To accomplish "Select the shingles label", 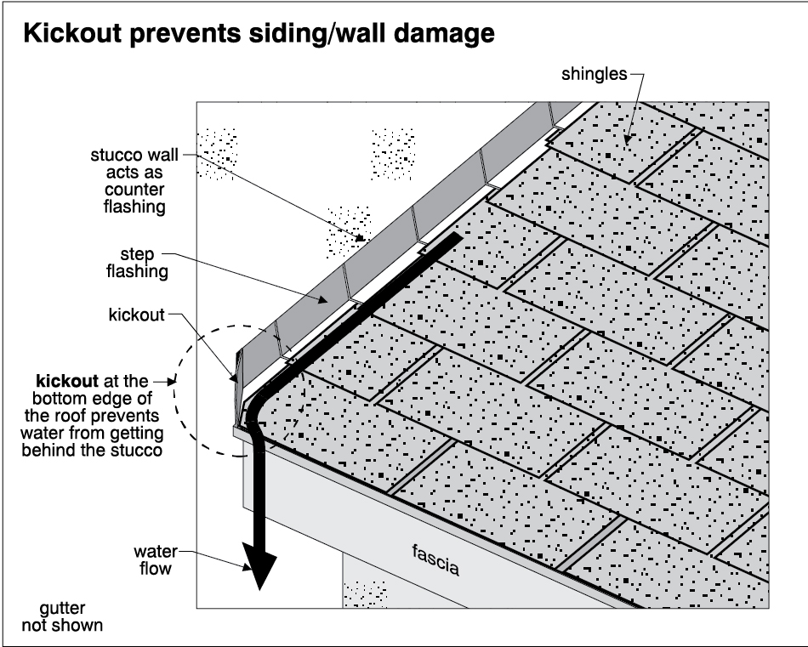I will [x=594, y=74].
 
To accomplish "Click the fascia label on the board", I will [x=435, y=561].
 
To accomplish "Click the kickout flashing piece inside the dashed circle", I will [x=237, y=374].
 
